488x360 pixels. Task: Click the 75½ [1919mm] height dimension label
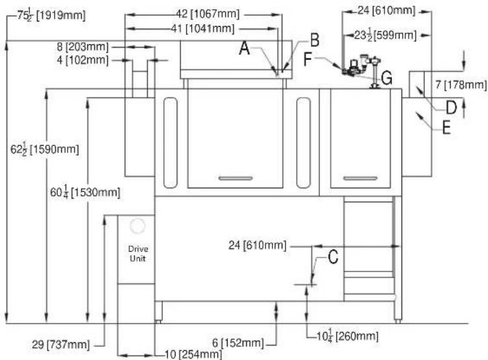(51, 15)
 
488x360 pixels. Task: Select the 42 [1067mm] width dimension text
(208, 14)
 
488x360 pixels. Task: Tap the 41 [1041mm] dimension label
(202, 29)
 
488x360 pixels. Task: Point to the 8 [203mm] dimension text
(83, 47)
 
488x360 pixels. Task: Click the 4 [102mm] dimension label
(83, 60)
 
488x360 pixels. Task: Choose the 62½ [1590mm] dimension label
(44, 149)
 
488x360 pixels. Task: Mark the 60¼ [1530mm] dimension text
(85, 192)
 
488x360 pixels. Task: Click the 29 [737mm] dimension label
(61, 344)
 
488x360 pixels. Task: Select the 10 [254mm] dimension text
(193, 354)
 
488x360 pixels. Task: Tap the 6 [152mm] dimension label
(237, 343)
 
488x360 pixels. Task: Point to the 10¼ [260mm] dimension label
(347, 336)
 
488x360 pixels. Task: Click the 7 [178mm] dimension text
(461, 85)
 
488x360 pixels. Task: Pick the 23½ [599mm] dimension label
(385, 35)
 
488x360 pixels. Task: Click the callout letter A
(244, 49)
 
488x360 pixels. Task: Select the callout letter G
(386, 78)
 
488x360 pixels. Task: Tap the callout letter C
(333, 257)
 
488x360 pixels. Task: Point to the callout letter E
(446, 128)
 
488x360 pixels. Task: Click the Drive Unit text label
(138, 253)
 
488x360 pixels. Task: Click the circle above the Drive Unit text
(138, 226)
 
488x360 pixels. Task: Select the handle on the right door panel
(360, 178)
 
